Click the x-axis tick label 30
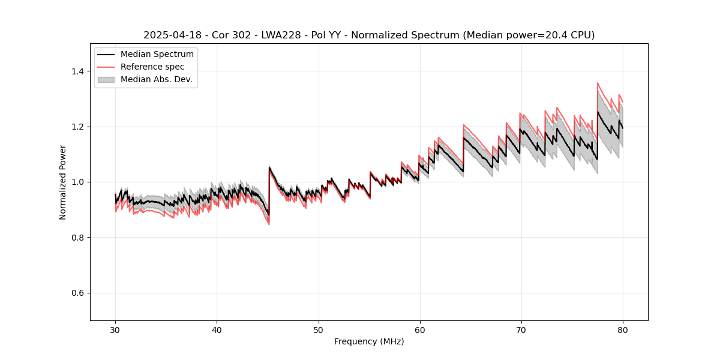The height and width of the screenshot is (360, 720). pyautogui.click(x=116, y=330)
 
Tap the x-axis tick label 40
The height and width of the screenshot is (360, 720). pyautogui.click(x=217, y=330)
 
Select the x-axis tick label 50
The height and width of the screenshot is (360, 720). pyautogui.click(x=319, y=330)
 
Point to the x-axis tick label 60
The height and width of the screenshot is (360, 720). pyautogui.click(x=420, y=330)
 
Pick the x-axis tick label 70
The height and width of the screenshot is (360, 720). pyautogui.click(x=521, y=330)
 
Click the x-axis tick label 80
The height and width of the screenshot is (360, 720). pyautogui.click(x=623, y=330)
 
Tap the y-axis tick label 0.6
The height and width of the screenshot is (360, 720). pyautogui.click(x=77, y=293)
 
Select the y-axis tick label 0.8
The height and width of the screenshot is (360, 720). pyautogui.click(x=77, y=238)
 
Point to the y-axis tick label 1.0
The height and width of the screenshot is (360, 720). pyautogui.click(x=77, y=182)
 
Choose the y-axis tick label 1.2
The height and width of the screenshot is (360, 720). pyautogui.click(x=77, y=127)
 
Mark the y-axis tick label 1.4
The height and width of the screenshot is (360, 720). pyautogui.click(x=77, y=71)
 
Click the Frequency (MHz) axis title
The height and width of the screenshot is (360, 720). pyautogui.click(x=369, y=341)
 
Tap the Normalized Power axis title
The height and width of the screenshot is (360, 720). pyautogui.click(x=63, y=182)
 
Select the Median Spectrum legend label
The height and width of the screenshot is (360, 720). pyautogui.click(x=157, y=55)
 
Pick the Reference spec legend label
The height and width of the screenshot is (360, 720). pyautogui.click(x=152, y=67)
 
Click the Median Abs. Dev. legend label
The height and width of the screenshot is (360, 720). pyautogui.click(x=157, y=79)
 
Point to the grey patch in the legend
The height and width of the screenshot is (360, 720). pyautogui.click(x=106, y=79)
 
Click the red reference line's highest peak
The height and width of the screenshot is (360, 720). pyautogui.click(x=598, y=83)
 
